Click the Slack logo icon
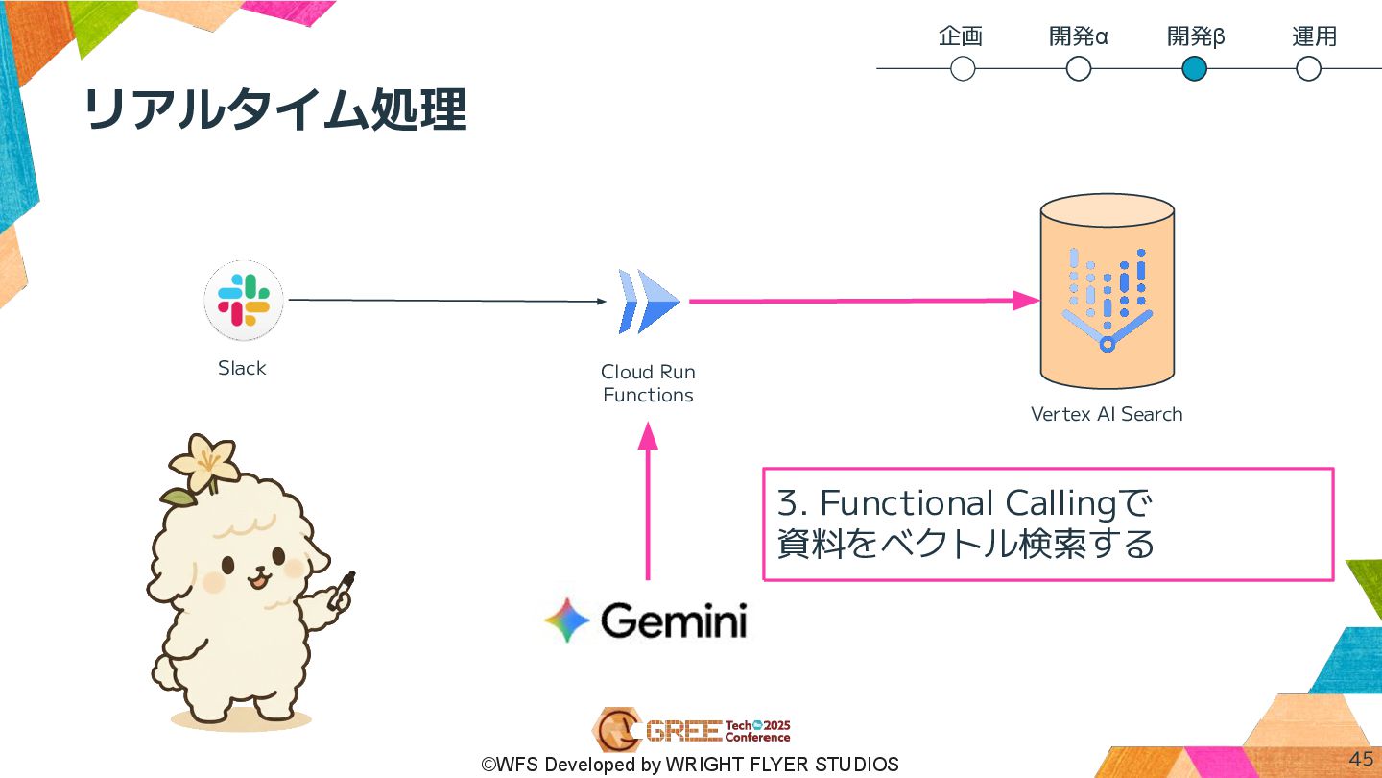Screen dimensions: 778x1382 point(244,300)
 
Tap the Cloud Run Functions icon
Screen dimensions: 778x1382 point(650,302)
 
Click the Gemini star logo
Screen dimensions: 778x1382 point(567,620)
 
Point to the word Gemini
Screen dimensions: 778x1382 point(674,621)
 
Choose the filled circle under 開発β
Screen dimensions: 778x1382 point(1194,69)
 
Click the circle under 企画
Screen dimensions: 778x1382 point(963,69)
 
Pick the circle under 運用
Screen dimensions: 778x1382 point(1308,69)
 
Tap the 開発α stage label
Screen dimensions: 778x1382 point(1079,37)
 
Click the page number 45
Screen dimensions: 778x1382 point(1361,759)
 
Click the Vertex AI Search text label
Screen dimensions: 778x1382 point(1107,414)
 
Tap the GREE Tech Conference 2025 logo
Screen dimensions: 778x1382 point(691,731)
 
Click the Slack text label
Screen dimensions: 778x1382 point(242,368)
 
